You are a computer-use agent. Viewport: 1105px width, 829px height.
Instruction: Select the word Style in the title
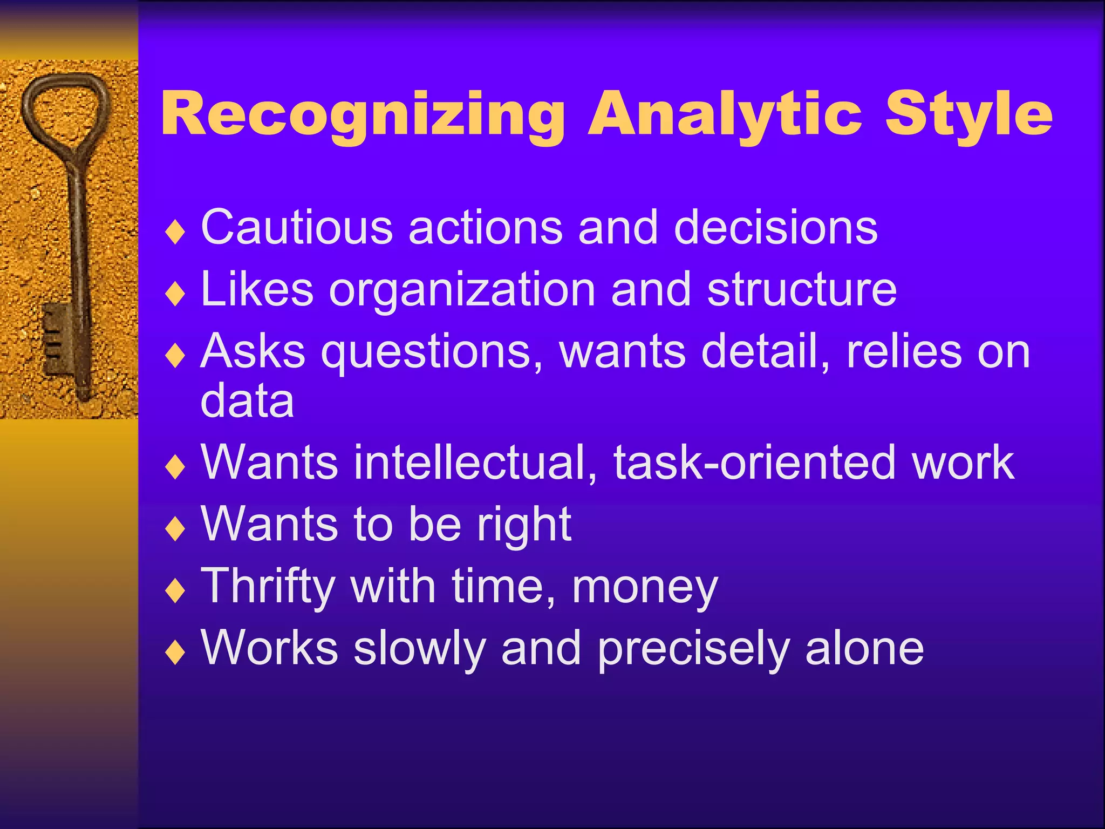coord(968,114)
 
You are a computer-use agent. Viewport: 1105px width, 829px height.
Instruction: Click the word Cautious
coord(297,228)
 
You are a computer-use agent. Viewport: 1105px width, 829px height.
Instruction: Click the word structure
coord(802,290)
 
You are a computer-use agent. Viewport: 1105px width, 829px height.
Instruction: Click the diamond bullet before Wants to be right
coord(175,529)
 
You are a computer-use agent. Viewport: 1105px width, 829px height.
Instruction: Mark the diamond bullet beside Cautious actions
coord(175,233)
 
